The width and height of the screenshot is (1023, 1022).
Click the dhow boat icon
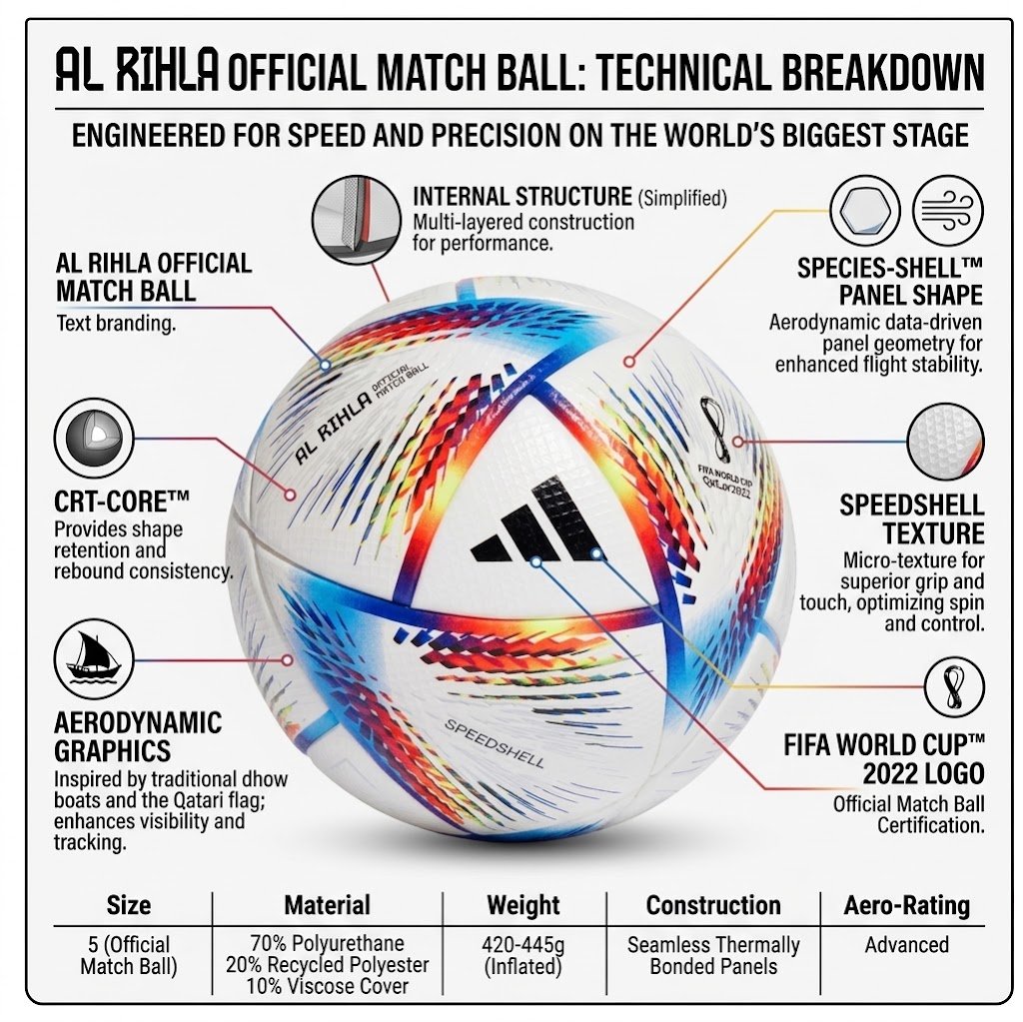point(94,659)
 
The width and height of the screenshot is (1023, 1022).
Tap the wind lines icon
point(947,211)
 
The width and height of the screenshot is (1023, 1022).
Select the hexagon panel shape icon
point(865,211)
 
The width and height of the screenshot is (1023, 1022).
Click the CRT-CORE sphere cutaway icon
point(94,439)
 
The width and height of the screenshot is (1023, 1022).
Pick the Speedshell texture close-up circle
point(945,442)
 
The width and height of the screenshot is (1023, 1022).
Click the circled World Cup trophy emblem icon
point(954,686)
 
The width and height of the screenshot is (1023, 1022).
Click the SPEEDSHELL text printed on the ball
point(494,743)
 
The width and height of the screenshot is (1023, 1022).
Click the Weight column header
point(523,905)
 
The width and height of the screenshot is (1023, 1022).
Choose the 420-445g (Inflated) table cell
point(523,955)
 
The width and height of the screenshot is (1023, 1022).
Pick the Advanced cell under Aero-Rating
point(907,944)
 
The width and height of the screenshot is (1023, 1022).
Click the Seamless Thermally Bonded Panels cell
point(713,955)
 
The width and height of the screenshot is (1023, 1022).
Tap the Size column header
point(129,905)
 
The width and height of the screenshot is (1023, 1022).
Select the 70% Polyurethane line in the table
point(327,944)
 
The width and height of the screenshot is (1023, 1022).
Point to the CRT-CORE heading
point(122,502)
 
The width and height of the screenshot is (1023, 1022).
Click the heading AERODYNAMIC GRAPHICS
point(138,737)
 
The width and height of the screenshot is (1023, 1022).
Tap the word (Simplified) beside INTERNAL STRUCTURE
point(682,197)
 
